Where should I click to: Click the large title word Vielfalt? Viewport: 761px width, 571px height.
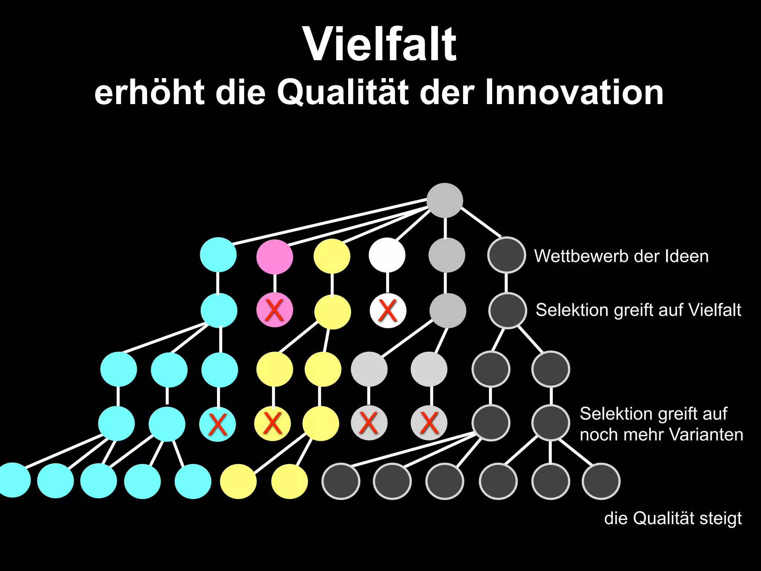379,45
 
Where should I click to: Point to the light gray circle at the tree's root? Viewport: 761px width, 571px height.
444,200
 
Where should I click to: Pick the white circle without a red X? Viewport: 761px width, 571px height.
387,255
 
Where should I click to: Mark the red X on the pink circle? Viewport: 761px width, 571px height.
274,310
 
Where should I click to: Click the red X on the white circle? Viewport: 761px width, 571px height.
388,310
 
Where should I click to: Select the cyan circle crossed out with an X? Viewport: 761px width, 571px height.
218,424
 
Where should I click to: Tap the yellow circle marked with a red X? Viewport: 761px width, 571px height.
272,423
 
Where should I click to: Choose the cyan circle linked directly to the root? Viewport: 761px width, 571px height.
218,255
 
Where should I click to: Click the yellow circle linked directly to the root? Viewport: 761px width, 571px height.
332,256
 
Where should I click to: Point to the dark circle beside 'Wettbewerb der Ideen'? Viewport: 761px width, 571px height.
506,255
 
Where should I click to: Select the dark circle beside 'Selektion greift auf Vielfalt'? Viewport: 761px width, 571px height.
507,310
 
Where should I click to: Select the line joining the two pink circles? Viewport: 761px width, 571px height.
275,283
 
